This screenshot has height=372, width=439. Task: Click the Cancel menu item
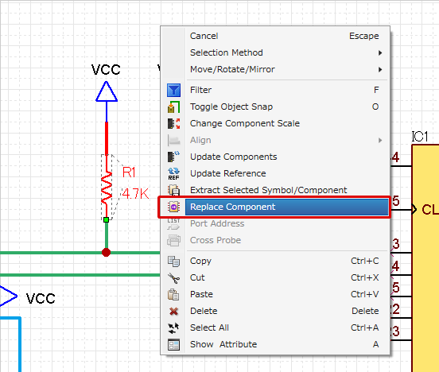click(x=204, y=36)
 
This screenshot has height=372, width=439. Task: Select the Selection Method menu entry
click(x=226, y=52)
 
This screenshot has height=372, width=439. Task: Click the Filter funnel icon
click(x=174, y=91)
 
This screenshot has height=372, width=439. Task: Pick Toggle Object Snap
click(x=231, y=107)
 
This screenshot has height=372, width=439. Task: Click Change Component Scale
click(x=244, y=123)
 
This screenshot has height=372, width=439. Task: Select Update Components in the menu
click(x=233, y=157)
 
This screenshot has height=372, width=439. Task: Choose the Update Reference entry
click(x=227, y=173)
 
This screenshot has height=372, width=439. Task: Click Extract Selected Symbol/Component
click(x=268, y=190)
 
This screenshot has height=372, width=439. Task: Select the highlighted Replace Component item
click(x=232, y=207)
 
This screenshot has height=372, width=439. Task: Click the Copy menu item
click(x=200, y=261)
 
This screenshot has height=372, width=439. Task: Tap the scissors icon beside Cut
click(x=174, y=277)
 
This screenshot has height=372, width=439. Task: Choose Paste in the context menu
click(x=203, y=294)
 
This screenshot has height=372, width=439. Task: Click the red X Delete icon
click(x=174, y=311)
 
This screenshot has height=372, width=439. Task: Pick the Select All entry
click(x=209, y=327)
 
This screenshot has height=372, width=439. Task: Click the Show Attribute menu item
click(x=223, y=344)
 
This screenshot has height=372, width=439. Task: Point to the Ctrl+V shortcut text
click(x=365, y=294)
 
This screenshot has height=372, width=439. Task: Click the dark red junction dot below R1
click(x=106, y=253)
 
